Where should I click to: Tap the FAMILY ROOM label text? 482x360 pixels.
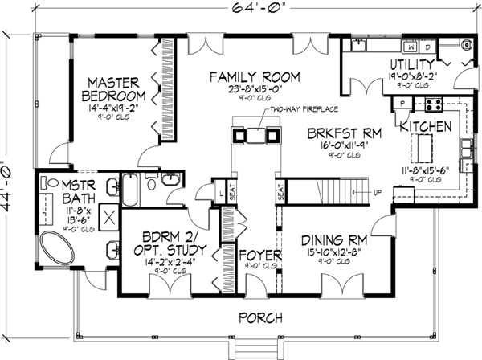pyautogui.click(x=255, y=77)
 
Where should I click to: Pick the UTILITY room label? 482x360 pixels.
pyautogui.click(x=412, y=63)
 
